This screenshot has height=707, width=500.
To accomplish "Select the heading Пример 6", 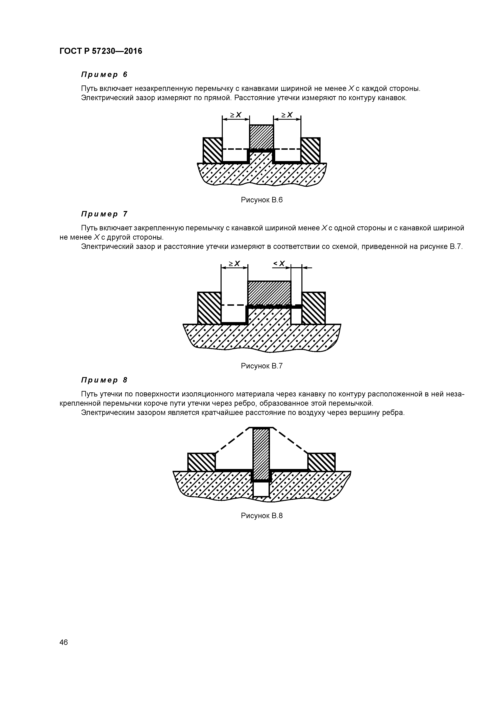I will [104, 75].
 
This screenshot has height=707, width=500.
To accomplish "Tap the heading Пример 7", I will [104, 214].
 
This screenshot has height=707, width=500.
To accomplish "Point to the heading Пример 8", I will [104, 380].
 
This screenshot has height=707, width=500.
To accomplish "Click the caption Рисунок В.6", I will [261, 200].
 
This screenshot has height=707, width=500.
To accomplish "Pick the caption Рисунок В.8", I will [261, 516].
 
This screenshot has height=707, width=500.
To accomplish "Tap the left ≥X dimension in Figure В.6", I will [236, 115].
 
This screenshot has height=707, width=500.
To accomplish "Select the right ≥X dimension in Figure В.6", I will [287, 115].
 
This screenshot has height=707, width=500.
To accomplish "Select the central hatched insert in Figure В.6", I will [261, 137].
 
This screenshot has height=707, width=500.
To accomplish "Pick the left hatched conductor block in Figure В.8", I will [201, 462].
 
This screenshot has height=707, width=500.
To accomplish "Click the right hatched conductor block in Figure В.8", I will [321, 462].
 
